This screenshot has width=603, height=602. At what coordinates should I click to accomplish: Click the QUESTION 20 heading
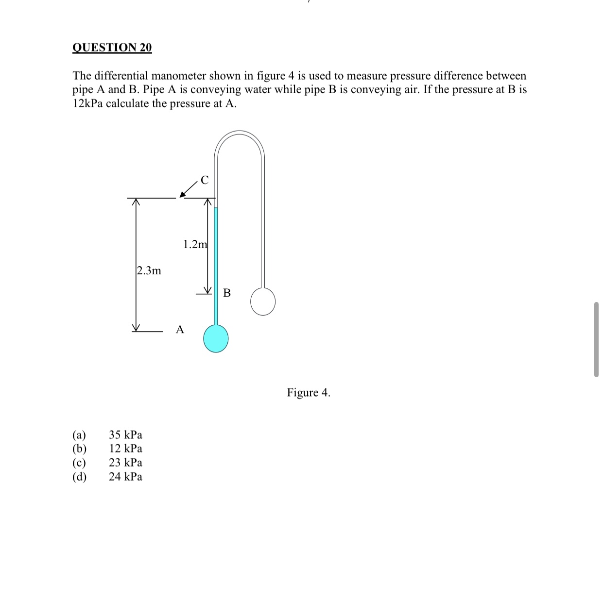click(112, 47)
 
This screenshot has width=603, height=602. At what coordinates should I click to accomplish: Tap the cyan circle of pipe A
click(216, 338)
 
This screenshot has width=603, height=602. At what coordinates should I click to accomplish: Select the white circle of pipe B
click(263, 301)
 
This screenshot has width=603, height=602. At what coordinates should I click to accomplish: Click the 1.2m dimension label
click(195, 244)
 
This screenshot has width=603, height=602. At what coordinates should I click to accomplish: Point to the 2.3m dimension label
click(149, 270)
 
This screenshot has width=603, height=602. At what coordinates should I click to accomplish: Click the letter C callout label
click(205, 180)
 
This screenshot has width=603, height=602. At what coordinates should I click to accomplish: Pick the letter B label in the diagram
click(227, 293)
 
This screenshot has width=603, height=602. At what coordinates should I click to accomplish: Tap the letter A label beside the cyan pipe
click(180, 330)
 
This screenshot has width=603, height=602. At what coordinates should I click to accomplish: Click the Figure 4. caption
click(308, 392)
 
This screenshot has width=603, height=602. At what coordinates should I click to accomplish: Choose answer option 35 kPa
click(125, 435)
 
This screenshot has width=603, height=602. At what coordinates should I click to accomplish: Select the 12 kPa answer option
click(125, 449)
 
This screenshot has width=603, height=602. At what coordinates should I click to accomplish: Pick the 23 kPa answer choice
click(125, 463)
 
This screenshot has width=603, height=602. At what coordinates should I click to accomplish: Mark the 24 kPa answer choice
click(125, 477)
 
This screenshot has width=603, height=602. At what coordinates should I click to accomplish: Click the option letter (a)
click(79, 435)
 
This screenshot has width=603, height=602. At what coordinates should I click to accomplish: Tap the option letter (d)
click(79, 477)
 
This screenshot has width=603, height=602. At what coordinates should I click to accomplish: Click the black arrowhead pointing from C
click(183, 195)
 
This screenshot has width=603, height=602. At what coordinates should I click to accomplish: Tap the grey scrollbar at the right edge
click(596, 339)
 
